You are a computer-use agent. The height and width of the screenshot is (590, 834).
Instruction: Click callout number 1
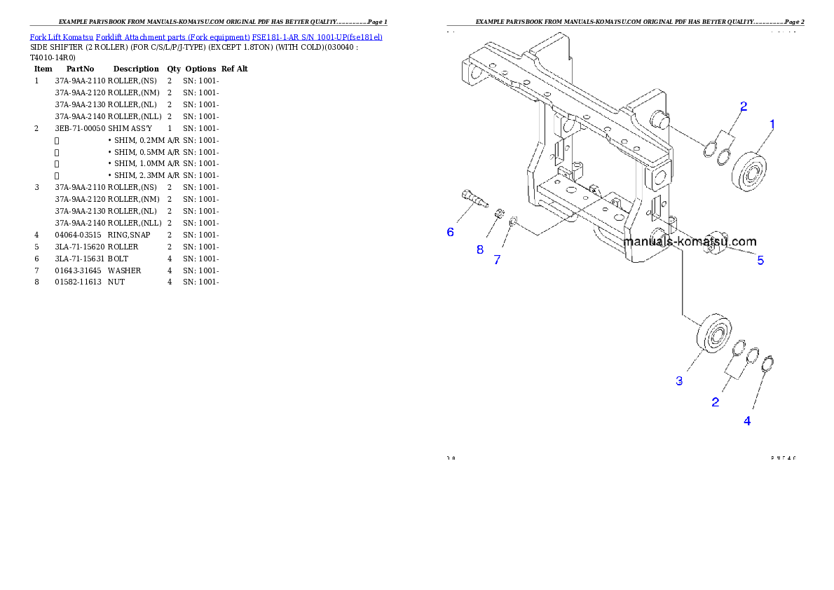[772, 124]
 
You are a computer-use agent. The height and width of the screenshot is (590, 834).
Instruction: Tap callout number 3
[679, 380]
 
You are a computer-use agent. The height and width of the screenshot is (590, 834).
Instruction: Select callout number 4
[747, 421]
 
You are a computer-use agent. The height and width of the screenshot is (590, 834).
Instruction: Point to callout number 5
[760, 261]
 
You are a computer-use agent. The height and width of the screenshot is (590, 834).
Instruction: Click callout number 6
[450, 232]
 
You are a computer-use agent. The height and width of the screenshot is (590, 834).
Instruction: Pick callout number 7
[497, 260]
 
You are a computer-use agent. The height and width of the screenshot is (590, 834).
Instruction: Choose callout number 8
[480, 249]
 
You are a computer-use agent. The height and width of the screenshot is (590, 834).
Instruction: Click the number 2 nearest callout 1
[744, 107]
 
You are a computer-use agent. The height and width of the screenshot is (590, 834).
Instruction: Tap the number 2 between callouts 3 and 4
[715, 402]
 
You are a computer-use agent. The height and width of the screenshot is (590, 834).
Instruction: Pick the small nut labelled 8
[498, 213]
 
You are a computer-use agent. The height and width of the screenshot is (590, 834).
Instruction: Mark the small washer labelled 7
[514, 222]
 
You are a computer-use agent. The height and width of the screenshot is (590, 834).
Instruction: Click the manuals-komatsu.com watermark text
[690, 242]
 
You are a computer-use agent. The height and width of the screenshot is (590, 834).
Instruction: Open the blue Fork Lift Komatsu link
[206, 36]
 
